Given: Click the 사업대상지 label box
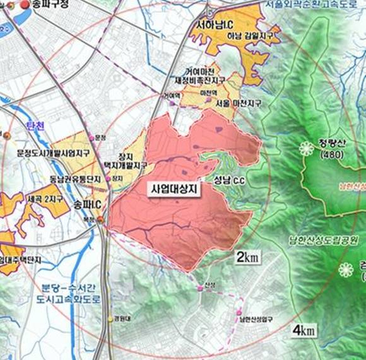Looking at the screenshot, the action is pyautogui.click(x=173, y=189).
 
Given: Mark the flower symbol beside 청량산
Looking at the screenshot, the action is pyautogui.click(x=307, y=149).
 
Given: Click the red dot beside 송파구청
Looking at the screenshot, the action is pyautogui.click(x=25, y=5).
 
